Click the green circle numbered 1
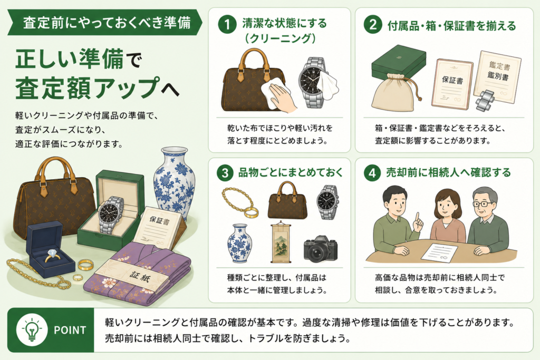point(227,24)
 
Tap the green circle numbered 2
point(373,25)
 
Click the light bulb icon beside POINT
point(32,330)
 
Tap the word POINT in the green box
point(70,330)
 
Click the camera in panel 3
point(321,248)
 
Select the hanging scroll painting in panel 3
point(281,241)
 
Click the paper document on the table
point(439,252)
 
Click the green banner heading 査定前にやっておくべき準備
point(105,22)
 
